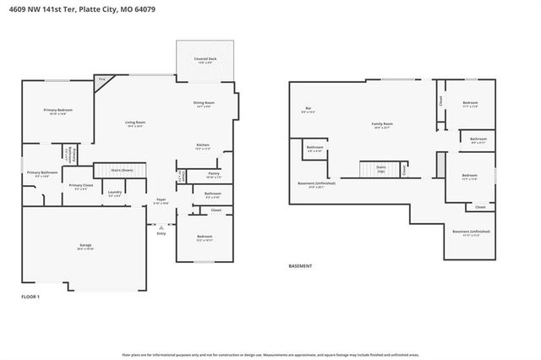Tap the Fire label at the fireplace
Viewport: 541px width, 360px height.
coord(101,79)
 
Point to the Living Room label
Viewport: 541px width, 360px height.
coord(135,123)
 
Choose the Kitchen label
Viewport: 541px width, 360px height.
coord(203,145)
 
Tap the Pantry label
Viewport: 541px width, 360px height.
coord(213,175)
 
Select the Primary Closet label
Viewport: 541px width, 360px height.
coord(81,185)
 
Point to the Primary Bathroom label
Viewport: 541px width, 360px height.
coord(42,172)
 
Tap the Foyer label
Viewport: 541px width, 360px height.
coord(161,200)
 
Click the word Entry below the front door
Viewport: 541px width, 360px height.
coord(161,234)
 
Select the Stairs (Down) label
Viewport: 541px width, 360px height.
coord(123,170)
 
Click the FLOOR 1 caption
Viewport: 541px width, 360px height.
coord(30,297)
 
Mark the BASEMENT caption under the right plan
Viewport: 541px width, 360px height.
coord(300,266)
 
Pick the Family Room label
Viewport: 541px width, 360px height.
coord(383,123)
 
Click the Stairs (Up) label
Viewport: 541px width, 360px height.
coord(381,167)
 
